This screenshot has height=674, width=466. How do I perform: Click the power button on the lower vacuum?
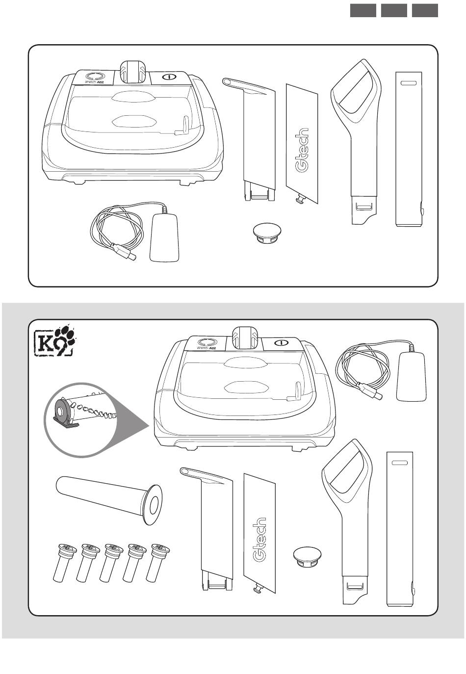pos(281,342)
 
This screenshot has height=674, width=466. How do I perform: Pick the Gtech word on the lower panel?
pos(259,539)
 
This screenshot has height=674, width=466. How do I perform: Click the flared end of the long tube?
pos(153,505)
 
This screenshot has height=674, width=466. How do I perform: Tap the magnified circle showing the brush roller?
pos(81,419)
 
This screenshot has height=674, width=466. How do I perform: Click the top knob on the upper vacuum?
pos(132,72)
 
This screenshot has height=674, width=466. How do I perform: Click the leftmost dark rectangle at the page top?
pos(363,11)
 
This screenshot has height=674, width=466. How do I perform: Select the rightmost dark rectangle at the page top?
pos(425,11)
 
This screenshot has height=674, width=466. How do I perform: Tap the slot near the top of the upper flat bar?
pos(409,83)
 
